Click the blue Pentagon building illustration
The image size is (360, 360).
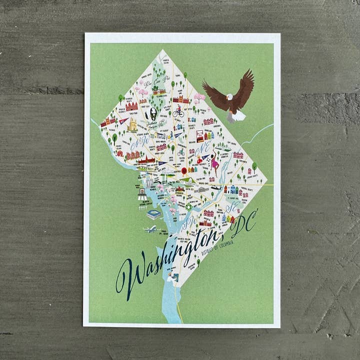pyautogui.click(x=154, y=214)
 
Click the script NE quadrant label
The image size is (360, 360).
pyautogui.click(x=203, y=148)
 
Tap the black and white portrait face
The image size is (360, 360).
pyautogui.click(x=150, y=115)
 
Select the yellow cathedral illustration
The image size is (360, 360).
pyautogui.click(x=132, y=125)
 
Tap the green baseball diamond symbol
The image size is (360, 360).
pyautogui.click(x=189, y=206)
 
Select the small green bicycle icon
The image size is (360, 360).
pyautogui.click(x=181, y=151)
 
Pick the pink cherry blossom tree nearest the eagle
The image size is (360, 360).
pyautogui.click(x=199, y=97)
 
